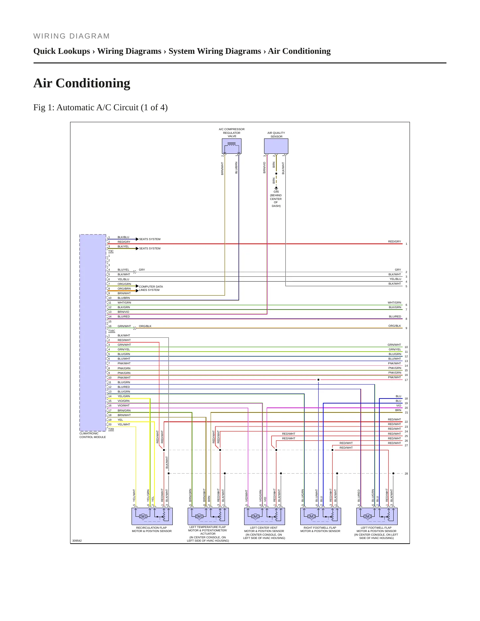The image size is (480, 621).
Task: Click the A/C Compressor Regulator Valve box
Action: point(232,146)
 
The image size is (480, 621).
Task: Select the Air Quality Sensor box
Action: point(276,146)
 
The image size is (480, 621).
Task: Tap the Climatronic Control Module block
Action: point(93,333)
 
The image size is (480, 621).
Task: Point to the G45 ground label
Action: point(276,192)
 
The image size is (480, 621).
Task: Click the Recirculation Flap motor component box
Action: point(152,516)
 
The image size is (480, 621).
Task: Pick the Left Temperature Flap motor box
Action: point(208,516)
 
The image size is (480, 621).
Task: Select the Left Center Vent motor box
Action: point(264,516)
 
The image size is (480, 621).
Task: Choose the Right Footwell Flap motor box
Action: point(321,516)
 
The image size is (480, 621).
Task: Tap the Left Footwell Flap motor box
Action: point(377,516)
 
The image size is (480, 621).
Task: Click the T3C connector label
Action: point(111,251)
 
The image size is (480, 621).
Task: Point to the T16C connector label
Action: point(112,331)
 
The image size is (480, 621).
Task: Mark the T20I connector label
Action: point(111,429)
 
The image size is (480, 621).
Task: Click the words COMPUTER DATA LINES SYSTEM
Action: point(151,288)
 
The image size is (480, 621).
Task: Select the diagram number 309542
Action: point(77,541)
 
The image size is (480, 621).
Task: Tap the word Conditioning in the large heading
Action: point(93,83)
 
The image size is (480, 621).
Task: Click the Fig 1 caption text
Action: point(101,108)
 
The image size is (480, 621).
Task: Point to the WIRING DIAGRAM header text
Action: point(72,36)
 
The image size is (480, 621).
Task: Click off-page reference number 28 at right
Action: point(406,474)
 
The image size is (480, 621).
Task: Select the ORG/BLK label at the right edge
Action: point(395,326)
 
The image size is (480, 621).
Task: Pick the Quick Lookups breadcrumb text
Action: point(62,51)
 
